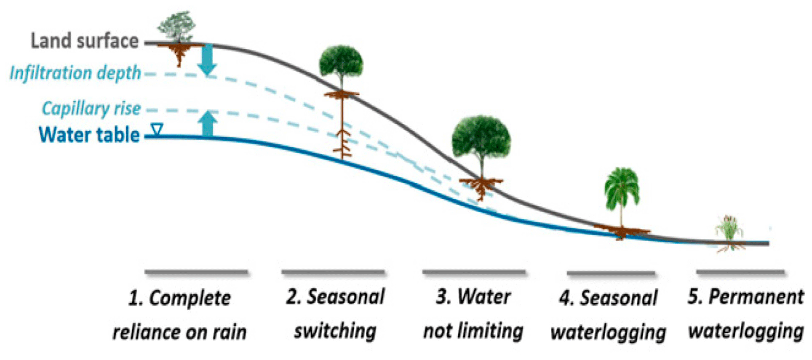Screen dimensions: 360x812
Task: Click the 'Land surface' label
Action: tap(85, 41)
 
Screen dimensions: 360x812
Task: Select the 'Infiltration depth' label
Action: tap(75, 73)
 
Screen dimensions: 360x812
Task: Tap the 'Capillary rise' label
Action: tap(91, 109)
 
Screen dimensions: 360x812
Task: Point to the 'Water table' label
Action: tap(89, 135)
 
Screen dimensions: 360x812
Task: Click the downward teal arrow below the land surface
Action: tap(207, 60)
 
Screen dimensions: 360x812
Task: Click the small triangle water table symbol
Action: tap(157, 129)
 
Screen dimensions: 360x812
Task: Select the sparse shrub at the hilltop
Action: tap(177, 26)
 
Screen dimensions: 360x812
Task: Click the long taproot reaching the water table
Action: tap(342, 126)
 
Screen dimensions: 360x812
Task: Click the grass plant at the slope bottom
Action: tap(730, 229)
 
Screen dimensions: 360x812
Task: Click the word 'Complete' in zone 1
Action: tap(190, 298)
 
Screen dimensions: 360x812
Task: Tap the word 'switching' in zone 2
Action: tap(335, 331)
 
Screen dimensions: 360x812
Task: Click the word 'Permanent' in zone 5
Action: tap(756, 297)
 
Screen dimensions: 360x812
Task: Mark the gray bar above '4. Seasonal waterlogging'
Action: tap(611, 273)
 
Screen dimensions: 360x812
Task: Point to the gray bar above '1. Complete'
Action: tap(196, 272)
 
